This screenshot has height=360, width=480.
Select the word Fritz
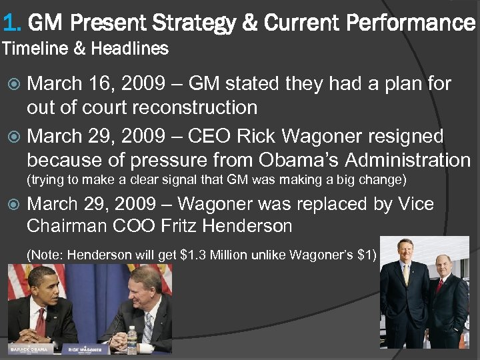click(179, 227)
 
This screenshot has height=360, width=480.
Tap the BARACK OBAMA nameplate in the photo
click(27, 348)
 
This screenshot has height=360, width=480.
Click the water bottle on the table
click(133, 340)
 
